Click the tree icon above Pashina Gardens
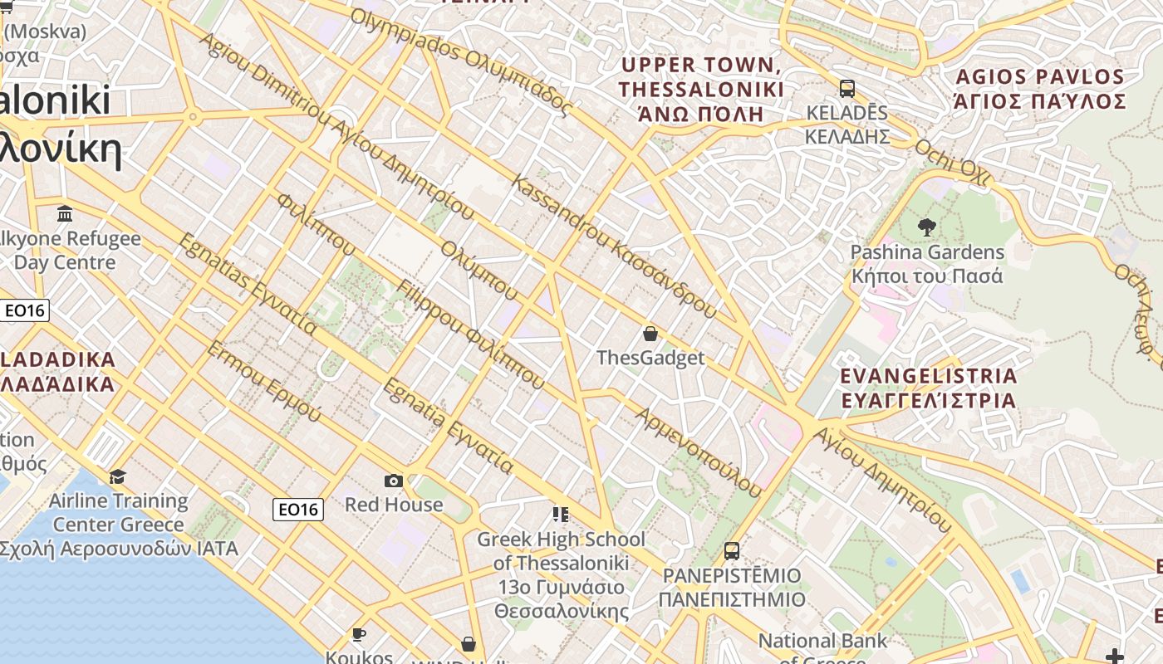click(x=926, y=226)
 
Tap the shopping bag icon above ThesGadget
click(x=650, y=334)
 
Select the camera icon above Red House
click(x=394, y=481)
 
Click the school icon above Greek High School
click(x=561, y=515)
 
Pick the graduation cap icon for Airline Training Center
click(x=118, y=476)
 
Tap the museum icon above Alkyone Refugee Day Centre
click(x=65, y=215)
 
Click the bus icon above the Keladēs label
click(x=847, y=88)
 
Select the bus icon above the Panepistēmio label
click(x=732, y=550)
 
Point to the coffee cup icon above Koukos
click(x=359, y=635)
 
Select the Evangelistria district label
click(x=928, y=388)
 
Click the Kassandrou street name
click(x=616, y=247)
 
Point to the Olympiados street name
click(x=462, y=62)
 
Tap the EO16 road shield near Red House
click(x=298, y=510)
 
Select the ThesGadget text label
click(x=650, y=358)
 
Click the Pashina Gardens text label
click(x=927, y=264)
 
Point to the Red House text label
click(x=394, y=505)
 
